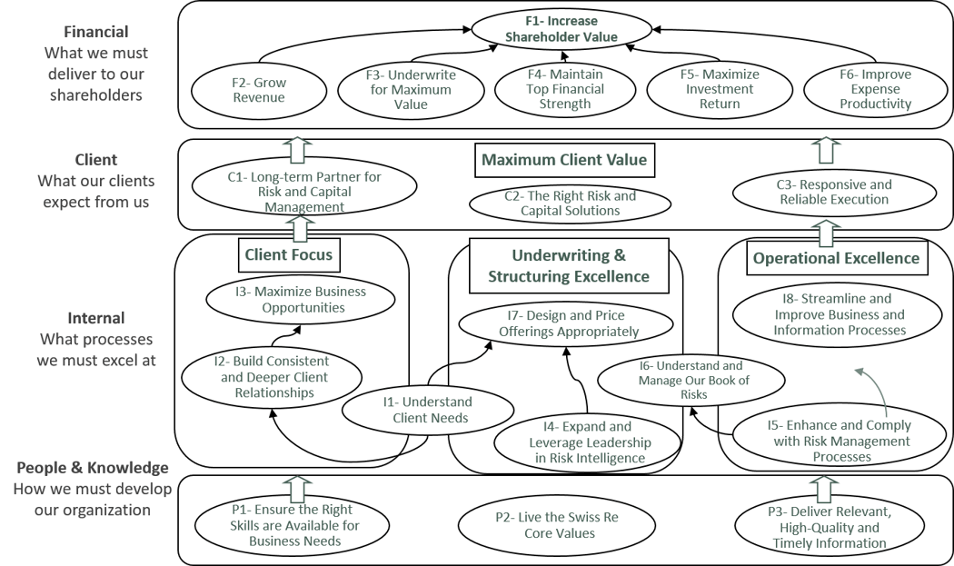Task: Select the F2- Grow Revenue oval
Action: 258,90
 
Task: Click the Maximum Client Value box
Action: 564,160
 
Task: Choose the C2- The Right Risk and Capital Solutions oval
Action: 570,203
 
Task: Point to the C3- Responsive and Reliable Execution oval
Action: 833,192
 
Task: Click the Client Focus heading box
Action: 289,255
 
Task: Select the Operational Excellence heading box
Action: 836,258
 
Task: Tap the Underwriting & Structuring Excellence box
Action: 568,265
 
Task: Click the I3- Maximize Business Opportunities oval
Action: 299,300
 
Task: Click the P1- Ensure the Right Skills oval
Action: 293,526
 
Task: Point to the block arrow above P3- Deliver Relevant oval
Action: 826,488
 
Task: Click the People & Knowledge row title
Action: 93,468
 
